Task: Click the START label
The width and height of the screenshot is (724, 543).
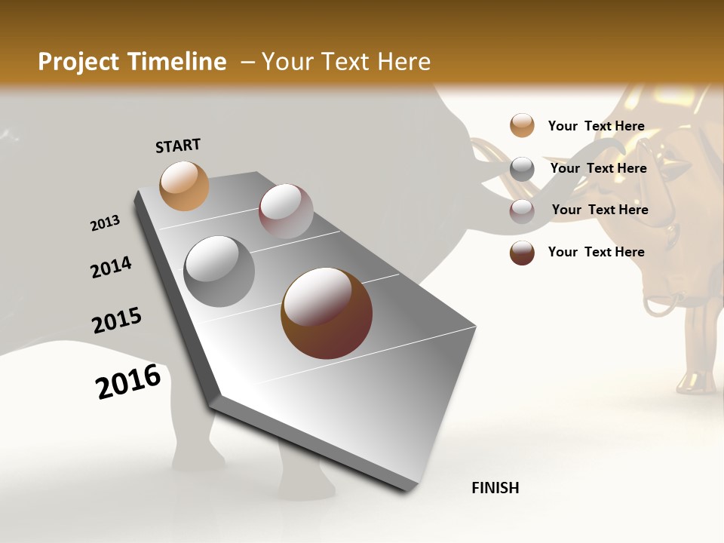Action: tap(178, 146)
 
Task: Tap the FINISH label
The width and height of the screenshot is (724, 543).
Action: tap(495, 488)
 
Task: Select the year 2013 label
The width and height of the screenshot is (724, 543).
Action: tap(105, 223)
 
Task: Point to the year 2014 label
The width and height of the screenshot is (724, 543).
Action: tap(111, 268)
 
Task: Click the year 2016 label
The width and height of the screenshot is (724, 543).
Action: tap(128, 382)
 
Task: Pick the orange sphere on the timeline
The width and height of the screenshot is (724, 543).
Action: tap(184, 186)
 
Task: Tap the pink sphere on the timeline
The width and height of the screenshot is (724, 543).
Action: tap(286, 211)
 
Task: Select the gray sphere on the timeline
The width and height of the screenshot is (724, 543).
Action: tap(219, 271)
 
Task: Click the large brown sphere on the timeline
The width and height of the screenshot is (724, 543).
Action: tap(327, 313)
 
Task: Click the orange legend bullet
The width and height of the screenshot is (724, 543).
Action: tap(522, 125)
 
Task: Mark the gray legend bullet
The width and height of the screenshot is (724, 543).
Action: tap(522, 169)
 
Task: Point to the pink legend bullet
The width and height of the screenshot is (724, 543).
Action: tap(522, 211)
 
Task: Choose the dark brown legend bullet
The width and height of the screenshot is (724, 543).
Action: tap(522, 253)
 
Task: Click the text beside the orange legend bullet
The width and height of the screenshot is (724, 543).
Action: tap(596, 126)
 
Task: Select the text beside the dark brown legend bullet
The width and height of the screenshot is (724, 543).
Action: tap(596, 252)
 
